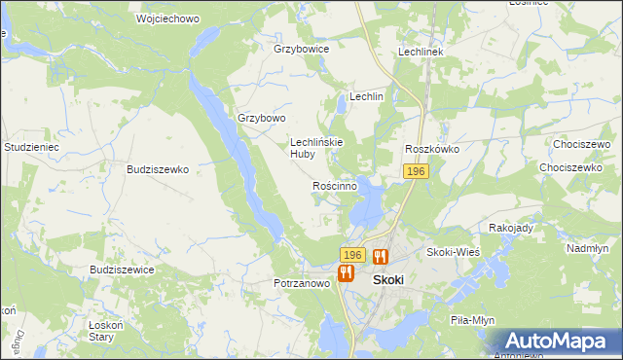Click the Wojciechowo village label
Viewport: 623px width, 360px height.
click(142, 18)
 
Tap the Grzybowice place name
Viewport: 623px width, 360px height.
click(302, 49)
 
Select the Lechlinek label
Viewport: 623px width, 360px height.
click(421, 52)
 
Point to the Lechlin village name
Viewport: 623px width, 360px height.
click(367, 97)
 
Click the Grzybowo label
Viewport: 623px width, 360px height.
click(262, 119)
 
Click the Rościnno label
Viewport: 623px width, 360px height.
click(335, 185)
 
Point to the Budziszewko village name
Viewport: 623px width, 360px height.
click(158, 168)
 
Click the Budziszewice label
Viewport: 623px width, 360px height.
click(121, 270)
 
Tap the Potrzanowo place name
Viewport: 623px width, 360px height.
click(301, 284)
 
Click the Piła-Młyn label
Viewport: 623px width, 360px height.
click(474, 319)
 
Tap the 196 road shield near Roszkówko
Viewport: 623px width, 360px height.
click(416, 171)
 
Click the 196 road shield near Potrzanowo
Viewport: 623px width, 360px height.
click(352, 255)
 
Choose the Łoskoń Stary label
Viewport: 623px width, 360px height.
click(101, 331)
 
